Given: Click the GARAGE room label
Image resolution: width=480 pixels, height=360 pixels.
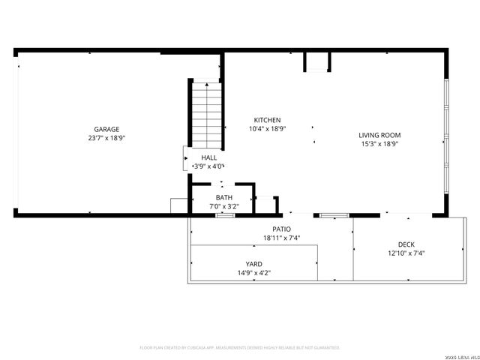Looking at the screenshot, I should point(106,129).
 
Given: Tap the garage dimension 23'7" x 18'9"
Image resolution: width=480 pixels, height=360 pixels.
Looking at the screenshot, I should point(106,138).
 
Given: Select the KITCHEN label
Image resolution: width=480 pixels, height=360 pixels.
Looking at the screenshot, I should point(267,120).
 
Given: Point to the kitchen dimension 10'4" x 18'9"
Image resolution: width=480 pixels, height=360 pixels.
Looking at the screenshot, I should point(267,129).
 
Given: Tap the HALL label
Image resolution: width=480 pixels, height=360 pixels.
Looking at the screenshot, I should point(208,157).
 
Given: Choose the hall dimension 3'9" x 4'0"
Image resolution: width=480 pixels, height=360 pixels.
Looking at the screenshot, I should point(208,166).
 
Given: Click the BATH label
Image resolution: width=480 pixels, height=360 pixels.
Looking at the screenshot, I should point(223,197).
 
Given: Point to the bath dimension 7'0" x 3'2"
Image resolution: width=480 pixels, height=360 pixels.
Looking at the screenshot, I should point(223,206).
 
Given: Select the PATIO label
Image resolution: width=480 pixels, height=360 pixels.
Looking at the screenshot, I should point(281,229).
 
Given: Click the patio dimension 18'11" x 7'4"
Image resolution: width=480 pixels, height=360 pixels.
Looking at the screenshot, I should point(281,238).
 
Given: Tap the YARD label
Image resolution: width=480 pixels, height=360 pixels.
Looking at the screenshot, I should point(254,264).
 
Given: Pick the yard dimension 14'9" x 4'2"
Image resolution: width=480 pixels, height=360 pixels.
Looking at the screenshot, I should point(254,273).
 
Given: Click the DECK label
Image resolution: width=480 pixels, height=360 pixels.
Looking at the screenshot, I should point(406,244).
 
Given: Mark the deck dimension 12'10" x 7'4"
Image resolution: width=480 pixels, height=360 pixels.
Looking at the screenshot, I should point(406,253).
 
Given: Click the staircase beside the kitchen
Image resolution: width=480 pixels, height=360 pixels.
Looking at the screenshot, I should point(204,115).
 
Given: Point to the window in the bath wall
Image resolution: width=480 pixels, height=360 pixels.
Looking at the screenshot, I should point(225,216).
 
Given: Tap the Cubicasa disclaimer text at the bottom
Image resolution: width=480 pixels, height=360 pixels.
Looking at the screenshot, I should point(240,348).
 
